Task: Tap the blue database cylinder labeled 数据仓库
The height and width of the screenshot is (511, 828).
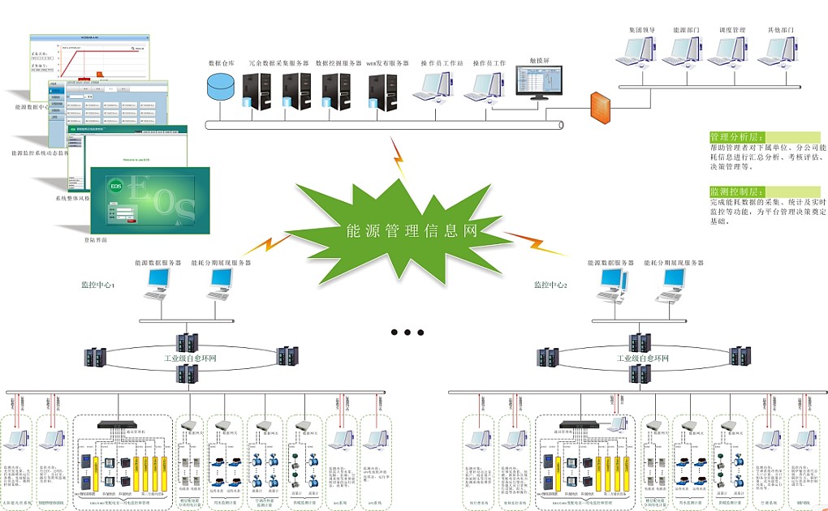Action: click(219, 86)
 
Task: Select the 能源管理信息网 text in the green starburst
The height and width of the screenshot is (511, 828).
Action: click(412, 230)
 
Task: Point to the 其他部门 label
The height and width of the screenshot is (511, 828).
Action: click(780, 30)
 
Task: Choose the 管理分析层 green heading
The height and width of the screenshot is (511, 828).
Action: click(737, 136)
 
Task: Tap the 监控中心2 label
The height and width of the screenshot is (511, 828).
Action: click(550, 286)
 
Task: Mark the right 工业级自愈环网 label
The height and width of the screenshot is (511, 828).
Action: click(645, 357)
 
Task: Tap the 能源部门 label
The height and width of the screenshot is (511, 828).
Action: click(686, 30)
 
